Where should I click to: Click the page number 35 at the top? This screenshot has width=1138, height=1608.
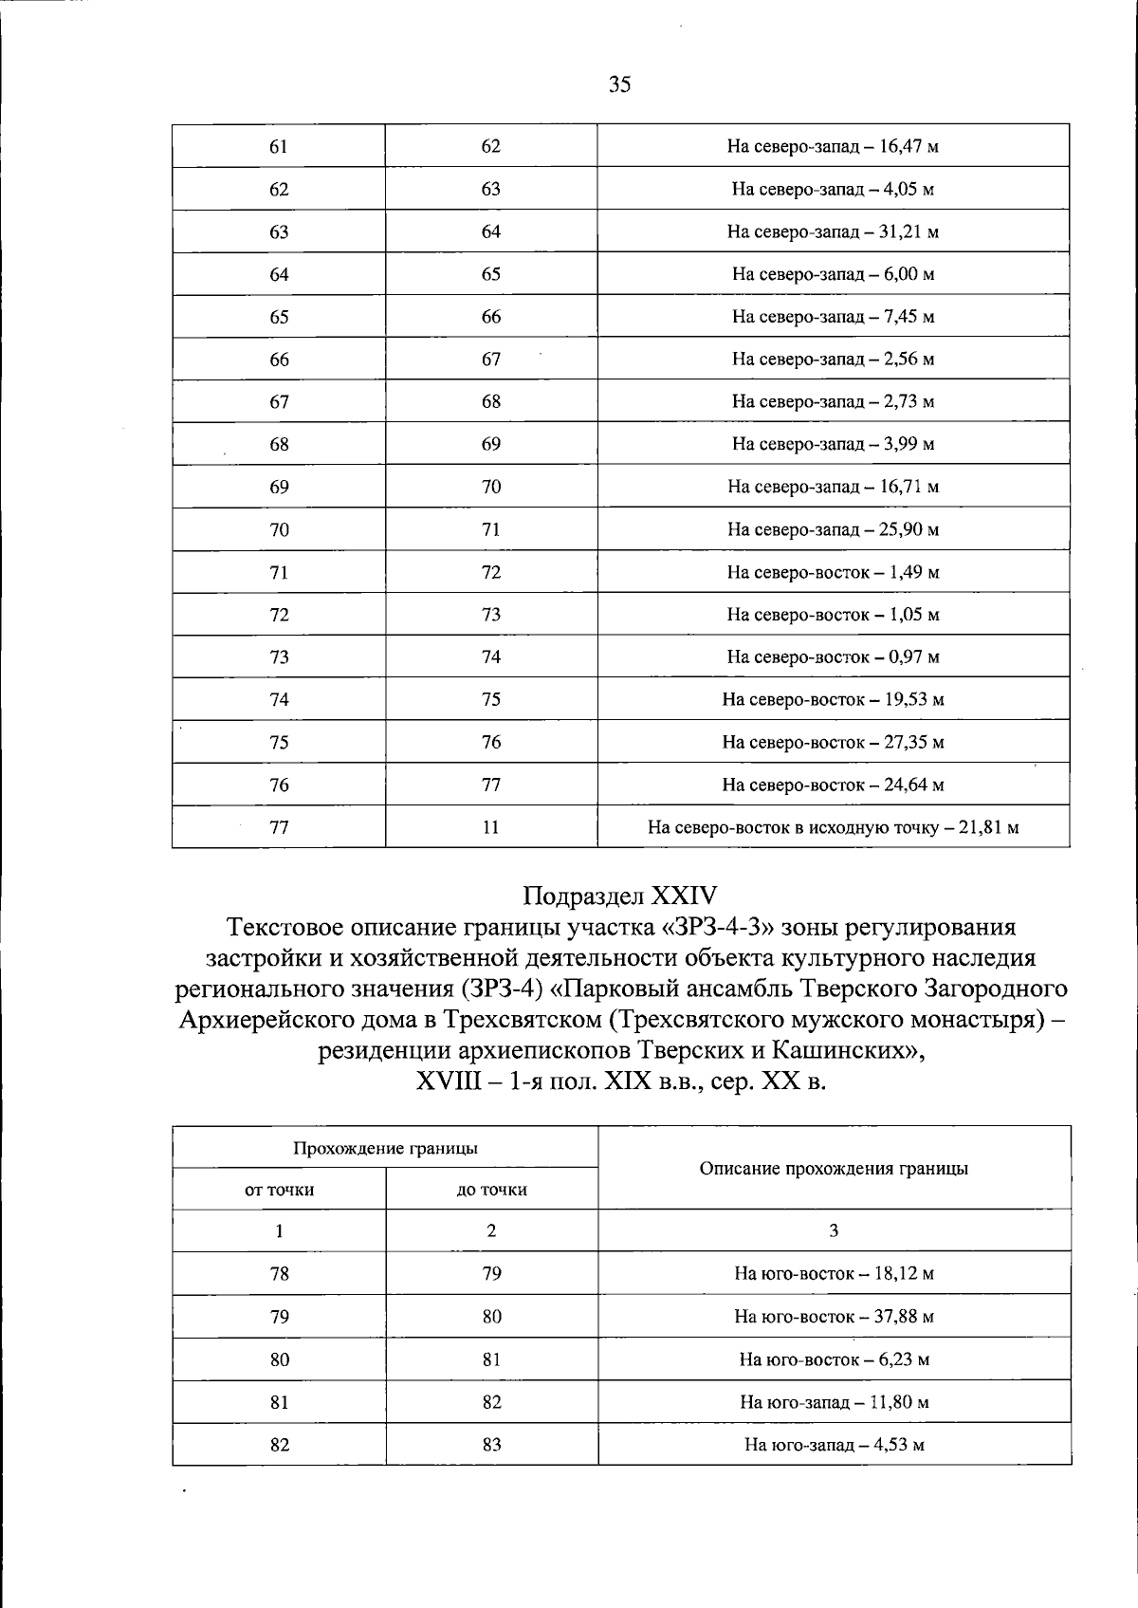point(619,85)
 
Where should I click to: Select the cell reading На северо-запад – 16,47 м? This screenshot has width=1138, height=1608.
point(833,147)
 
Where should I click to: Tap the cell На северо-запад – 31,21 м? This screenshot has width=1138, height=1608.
point(833,232)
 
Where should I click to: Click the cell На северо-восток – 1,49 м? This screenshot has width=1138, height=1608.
point(833,572)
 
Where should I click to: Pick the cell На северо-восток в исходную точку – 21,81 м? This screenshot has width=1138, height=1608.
point(833,827)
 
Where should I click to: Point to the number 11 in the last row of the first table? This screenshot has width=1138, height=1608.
point(490,827)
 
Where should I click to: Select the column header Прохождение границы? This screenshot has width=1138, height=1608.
point(385,1148)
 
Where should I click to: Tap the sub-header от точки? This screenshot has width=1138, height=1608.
point(279,1190)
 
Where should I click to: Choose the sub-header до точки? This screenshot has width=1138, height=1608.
point(491,1190)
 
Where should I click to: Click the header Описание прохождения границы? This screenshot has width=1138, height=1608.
point(834,1169)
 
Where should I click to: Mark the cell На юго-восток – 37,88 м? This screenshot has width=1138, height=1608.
point(834,1317)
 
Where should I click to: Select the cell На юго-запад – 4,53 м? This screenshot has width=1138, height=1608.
point(834,1445)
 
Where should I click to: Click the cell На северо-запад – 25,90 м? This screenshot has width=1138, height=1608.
point(833,529)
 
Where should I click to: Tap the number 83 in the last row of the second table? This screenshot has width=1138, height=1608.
point(491,1445)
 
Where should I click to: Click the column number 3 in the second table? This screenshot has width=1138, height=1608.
point(834,1231)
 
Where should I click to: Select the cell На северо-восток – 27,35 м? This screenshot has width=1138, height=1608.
point(833,742)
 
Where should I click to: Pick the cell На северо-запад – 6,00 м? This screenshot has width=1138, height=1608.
point(833,275)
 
